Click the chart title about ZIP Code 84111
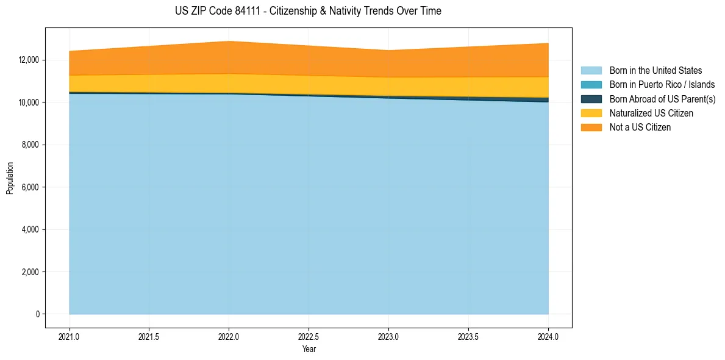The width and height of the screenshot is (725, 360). tap(308, 11)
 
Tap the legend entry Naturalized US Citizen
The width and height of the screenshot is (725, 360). tap(651, 113)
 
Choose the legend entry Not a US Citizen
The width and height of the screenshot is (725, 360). tap(640, 128)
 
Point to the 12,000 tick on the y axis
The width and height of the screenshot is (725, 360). tap(29, 60)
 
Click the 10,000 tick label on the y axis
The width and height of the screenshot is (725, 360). tap(29, 103)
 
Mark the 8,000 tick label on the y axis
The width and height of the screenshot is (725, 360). tap(31, 145)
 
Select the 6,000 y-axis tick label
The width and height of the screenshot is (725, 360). tap(31, 187)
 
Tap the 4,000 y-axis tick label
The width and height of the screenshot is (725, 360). tap(31, 229)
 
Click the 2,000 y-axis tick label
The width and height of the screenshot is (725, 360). tap(31, 272)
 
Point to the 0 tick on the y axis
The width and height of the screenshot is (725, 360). tap(38, 314)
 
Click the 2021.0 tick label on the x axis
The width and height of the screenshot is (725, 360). tap(70, 336)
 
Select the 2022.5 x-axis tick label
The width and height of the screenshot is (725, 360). tap(309, 336)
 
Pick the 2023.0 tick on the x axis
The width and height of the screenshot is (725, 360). tap(388, 336)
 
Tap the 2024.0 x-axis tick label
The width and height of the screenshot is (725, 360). tap(548, 336)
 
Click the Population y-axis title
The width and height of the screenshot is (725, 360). tap(10, 178)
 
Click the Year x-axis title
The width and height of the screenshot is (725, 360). tap(309, 349)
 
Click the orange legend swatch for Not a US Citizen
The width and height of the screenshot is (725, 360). tap(591, 128)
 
